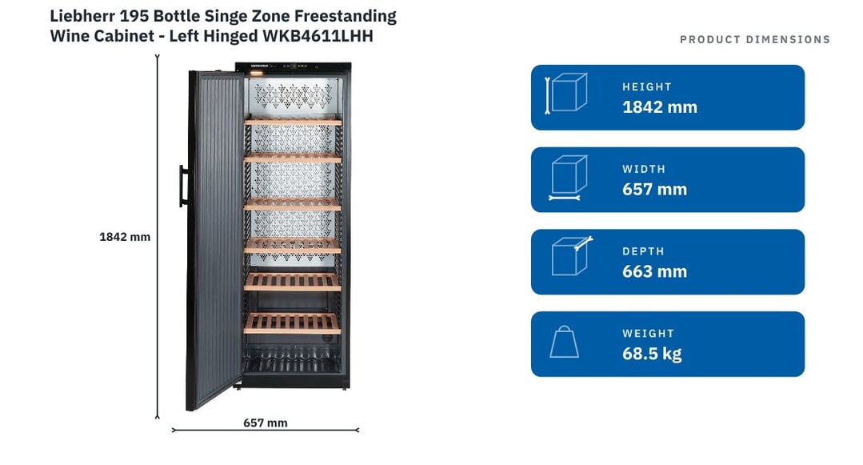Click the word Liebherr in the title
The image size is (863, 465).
(x=82, y=16)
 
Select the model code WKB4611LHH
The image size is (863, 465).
(x=318, y=36)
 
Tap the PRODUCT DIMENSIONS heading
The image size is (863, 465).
(x=754, y=40)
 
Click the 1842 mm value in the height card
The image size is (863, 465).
(x=659, y=107)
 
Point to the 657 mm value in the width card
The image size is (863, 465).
(x=654, y=189)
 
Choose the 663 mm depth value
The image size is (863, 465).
(x=654, y=271)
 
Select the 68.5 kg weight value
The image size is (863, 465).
(x=652, y=354)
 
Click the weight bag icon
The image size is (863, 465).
(x=564, y=342)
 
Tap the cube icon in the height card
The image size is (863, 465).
(x=565, y=93)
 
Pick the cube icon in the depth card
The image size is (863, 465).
(x=571, y=255)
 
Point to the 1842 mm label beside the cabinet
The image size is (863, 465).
(x=125, y=237)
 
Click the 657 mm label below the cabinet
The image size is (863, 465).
(x=266, y=423)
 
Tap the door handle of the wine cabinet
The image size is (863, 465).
(x=183, y=186)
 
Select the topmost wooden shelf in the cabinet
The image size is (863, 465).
(x=293, y=121)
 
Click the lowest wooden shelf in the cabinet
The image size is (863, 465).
(x=292, y=323)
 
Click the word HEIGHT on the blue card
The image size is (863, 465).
(x=647, y=87)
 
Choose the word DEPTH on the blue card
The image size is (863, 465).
(x=643, y=251)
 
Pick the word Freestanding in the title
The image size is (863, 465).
(x=345, y=17)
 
